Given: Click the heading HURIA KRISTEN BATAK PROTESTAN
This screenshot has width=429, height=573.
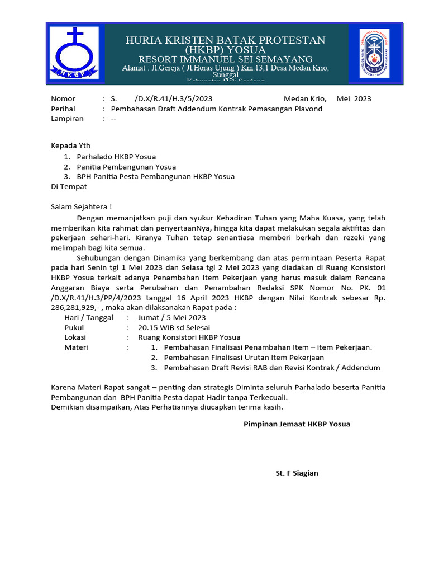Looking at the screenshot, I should click(x=225, y=40).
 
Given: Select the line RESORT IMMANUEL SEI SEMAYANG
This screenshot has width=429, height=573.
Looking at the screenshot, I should click(x=225, y=59).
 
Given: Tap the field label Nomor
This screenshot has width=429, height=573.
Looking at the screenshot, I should click(x=63, y=98).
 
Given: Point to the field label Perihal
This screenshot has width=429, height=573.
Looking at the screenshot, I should click(x=63, y=109).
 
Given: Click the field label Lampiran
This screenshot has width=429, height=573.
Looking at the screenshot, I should click(x=67, y=119).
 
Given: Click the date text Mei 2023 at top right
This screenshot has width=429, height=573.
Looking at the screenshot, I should click(x=354, y=98).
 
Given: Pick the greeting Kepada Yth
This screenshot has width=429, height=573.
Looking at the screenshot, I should click(x=70, y=145).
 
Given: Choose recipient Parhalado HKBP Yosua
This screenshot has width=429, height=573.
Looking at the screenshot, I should click(x=116, y=157).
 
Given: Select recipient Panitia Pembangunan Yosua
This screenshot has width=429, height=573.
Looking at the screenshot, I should click(x=126, y=167).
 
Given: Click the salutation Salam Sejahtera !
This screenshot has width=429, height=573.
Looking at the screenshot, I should click(x=82, y=206).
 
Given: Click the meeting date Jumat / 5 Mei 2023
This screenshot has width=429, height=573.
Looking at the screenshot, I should click(x=175, y=317).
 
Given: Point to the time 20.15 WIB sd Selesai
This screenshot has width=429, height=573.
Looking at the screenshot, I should click(x=174, y=327).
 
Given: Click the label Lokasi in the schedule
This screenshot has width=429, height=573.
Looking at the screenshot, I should click(x=75, y=337).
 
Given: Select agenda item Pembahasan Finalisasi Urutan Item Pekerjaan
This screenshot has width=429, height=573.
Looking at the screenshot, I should click(x=244, y=358).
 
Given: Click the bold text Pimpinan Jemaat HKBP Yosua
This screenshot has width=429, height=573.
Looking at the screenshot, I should click(x=297, y=424).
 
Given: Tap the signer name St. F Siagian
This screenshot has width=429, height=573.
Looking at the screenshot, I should click(x=297, y=473).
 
